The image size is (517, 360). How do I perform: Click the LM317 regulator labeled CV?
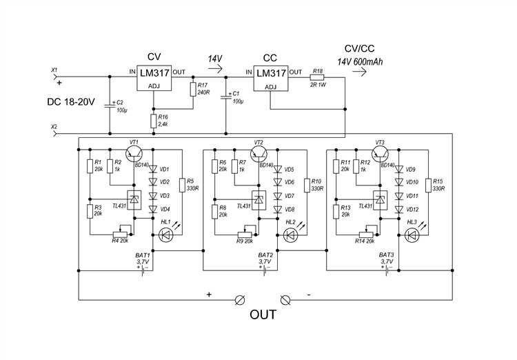(x=154, y=78)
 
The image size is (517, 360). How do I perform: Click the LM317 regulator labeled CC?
(x=271, y=78)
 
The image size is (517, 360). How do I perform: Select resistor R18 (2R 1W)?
(x=317, y=77)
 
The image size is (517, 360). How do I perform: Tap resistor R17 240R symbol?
(x=193, y=89)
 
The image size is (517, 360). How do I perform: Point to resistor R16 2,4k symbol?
(x=153, y=121)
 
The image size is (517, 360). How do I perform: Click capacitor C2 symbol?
(x=110, y=106)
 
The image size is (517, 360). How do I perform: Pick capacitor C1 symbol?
(x=226, y=97)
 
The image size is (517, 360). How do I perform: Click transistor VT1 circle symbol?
(x=134, y=153)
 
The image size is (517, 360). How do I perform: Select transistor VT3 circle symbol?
(x=380, y=153)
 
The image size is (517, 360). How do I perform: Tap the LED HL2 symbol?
(x=290, y=235)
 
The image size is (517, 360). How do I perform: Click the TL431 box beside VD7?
(x=258, y=200)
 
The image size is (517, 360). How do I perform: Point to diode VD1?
(x=152, y=169)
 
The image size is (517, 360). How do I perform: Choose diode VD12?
(x=399, y=209)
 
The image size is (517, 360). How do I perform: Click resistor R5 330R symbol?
(x=182, y=185)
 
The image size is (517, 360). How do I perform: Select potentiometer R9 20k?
(x=245, y=234)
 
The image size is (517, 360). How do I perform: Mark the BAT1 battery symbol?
(x=144, y=270)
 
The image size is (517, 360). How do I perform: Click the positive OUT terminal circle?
(x=240, y=300)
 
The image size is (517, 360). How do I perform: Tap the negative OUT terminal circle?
(x=285, y=300)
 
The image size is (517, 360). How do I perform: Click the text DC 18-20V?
(x=71, y=101)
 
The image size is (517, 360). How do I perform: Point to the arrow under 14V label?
(x=216, y=69)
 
